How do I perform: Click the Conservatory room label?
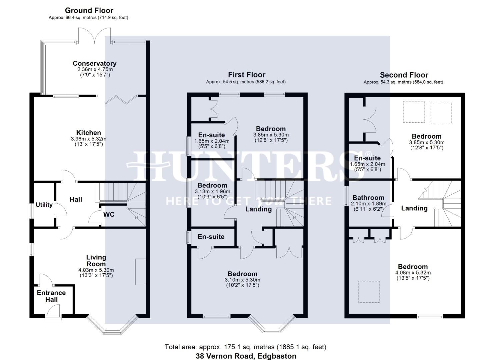pyautogui.click(x=94, y=63)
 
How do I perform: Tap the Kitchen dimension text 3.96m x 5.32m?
pyautogui.click(x=89, y=139)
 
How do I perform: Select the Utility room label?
pyautogui.click(x=44, y=205)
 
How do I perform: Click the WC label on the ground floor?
pyautogui.click(x=109, y=214)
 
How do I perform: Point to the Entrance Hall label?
pyautogui.click(x=51, y=296)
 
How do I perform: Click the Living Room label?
pyautogui.click(x=96, y=260)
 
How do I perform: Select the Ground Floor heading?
pyautogui.click(x=89, y=10)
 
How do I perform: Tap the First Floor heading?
pyautogui.click(x=247, y=75)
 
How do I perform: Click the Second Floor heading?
pyautogui.click(x=404, y=75)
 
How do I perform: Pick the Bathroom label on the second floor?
pyautogui.click(x=368, y=198)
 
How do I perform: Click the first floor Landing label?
pyautogui.click(x=258, y=209)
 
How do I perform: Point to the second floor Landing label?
pyautogui.click(x=414, y=208)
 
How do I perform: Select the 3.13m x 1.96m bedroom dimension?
pyautogui.click(x=212, y=192)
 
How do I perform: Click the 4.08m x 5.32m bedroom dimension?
pyautogui.click(x=413, y=273)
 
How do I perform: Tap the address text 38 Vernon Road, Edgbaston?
pyautogui.click(x=246, y=356)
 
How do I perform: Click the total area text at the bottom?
pyautogui.click(x=245, y=347)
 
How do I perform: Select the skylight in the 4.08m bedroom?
pyautogui.click(x=369, y=292)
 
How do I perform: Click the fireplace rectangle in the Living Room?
pyautogui.click(x=140, y=272)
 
